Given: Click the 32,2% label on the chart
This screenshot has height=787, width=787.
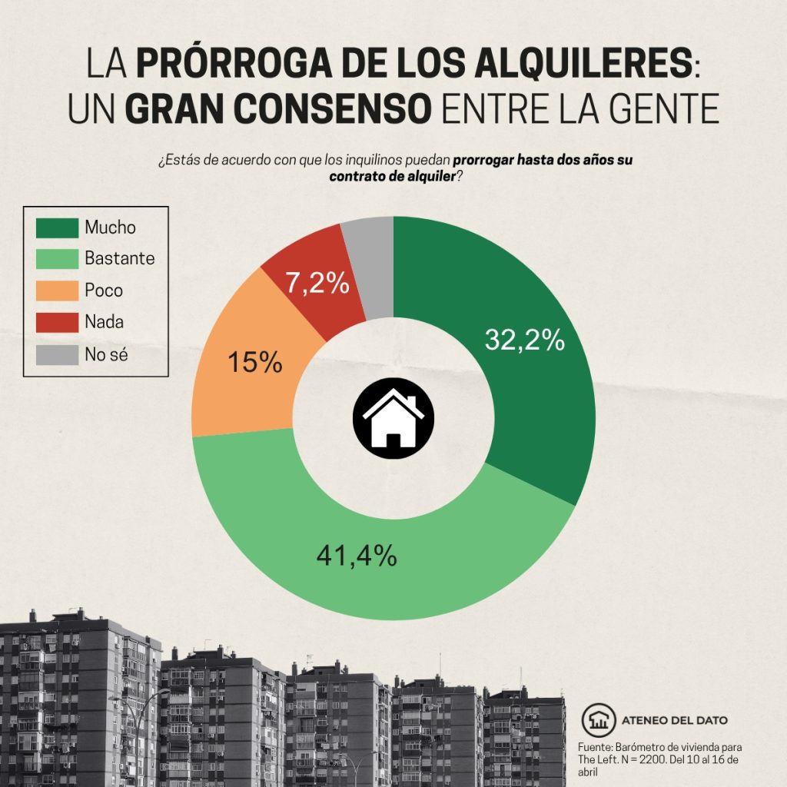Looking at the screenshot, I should tap(525, 340).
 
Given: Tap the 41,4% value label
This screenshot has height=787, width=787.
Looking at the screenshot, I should tap(357, 554).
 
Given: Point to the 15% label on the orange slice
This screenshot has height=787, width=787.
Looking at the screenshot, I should tap(255, 362).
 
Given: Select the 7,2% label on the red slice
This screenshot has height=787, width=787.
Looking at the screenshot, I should tap(317, 284).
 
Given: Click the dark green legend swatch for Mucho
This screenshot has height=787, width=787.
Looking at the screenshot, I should tap(58, 227).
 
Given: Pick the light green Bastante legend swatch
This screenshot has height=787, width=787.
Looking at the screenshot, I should tap(58, 259).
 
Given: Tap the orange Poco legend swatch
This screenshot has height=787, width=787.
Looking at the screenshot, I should tap(58, 291).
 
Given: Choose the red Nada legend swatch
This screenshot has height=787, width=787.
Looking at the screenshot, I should tap(58, 322).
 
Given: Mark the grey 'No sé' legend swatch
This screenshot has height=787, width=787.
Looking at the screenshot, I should tap(58, 354).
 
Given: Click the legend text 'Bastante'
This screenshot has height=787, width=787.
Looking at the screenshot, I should tap(120, 259).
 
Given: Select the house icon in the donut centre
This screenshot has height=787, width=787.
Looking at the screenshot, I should tap(393, 419).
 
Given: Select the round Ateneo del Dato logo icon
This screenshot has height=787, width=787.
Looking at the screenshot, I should tap(597, 719).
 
